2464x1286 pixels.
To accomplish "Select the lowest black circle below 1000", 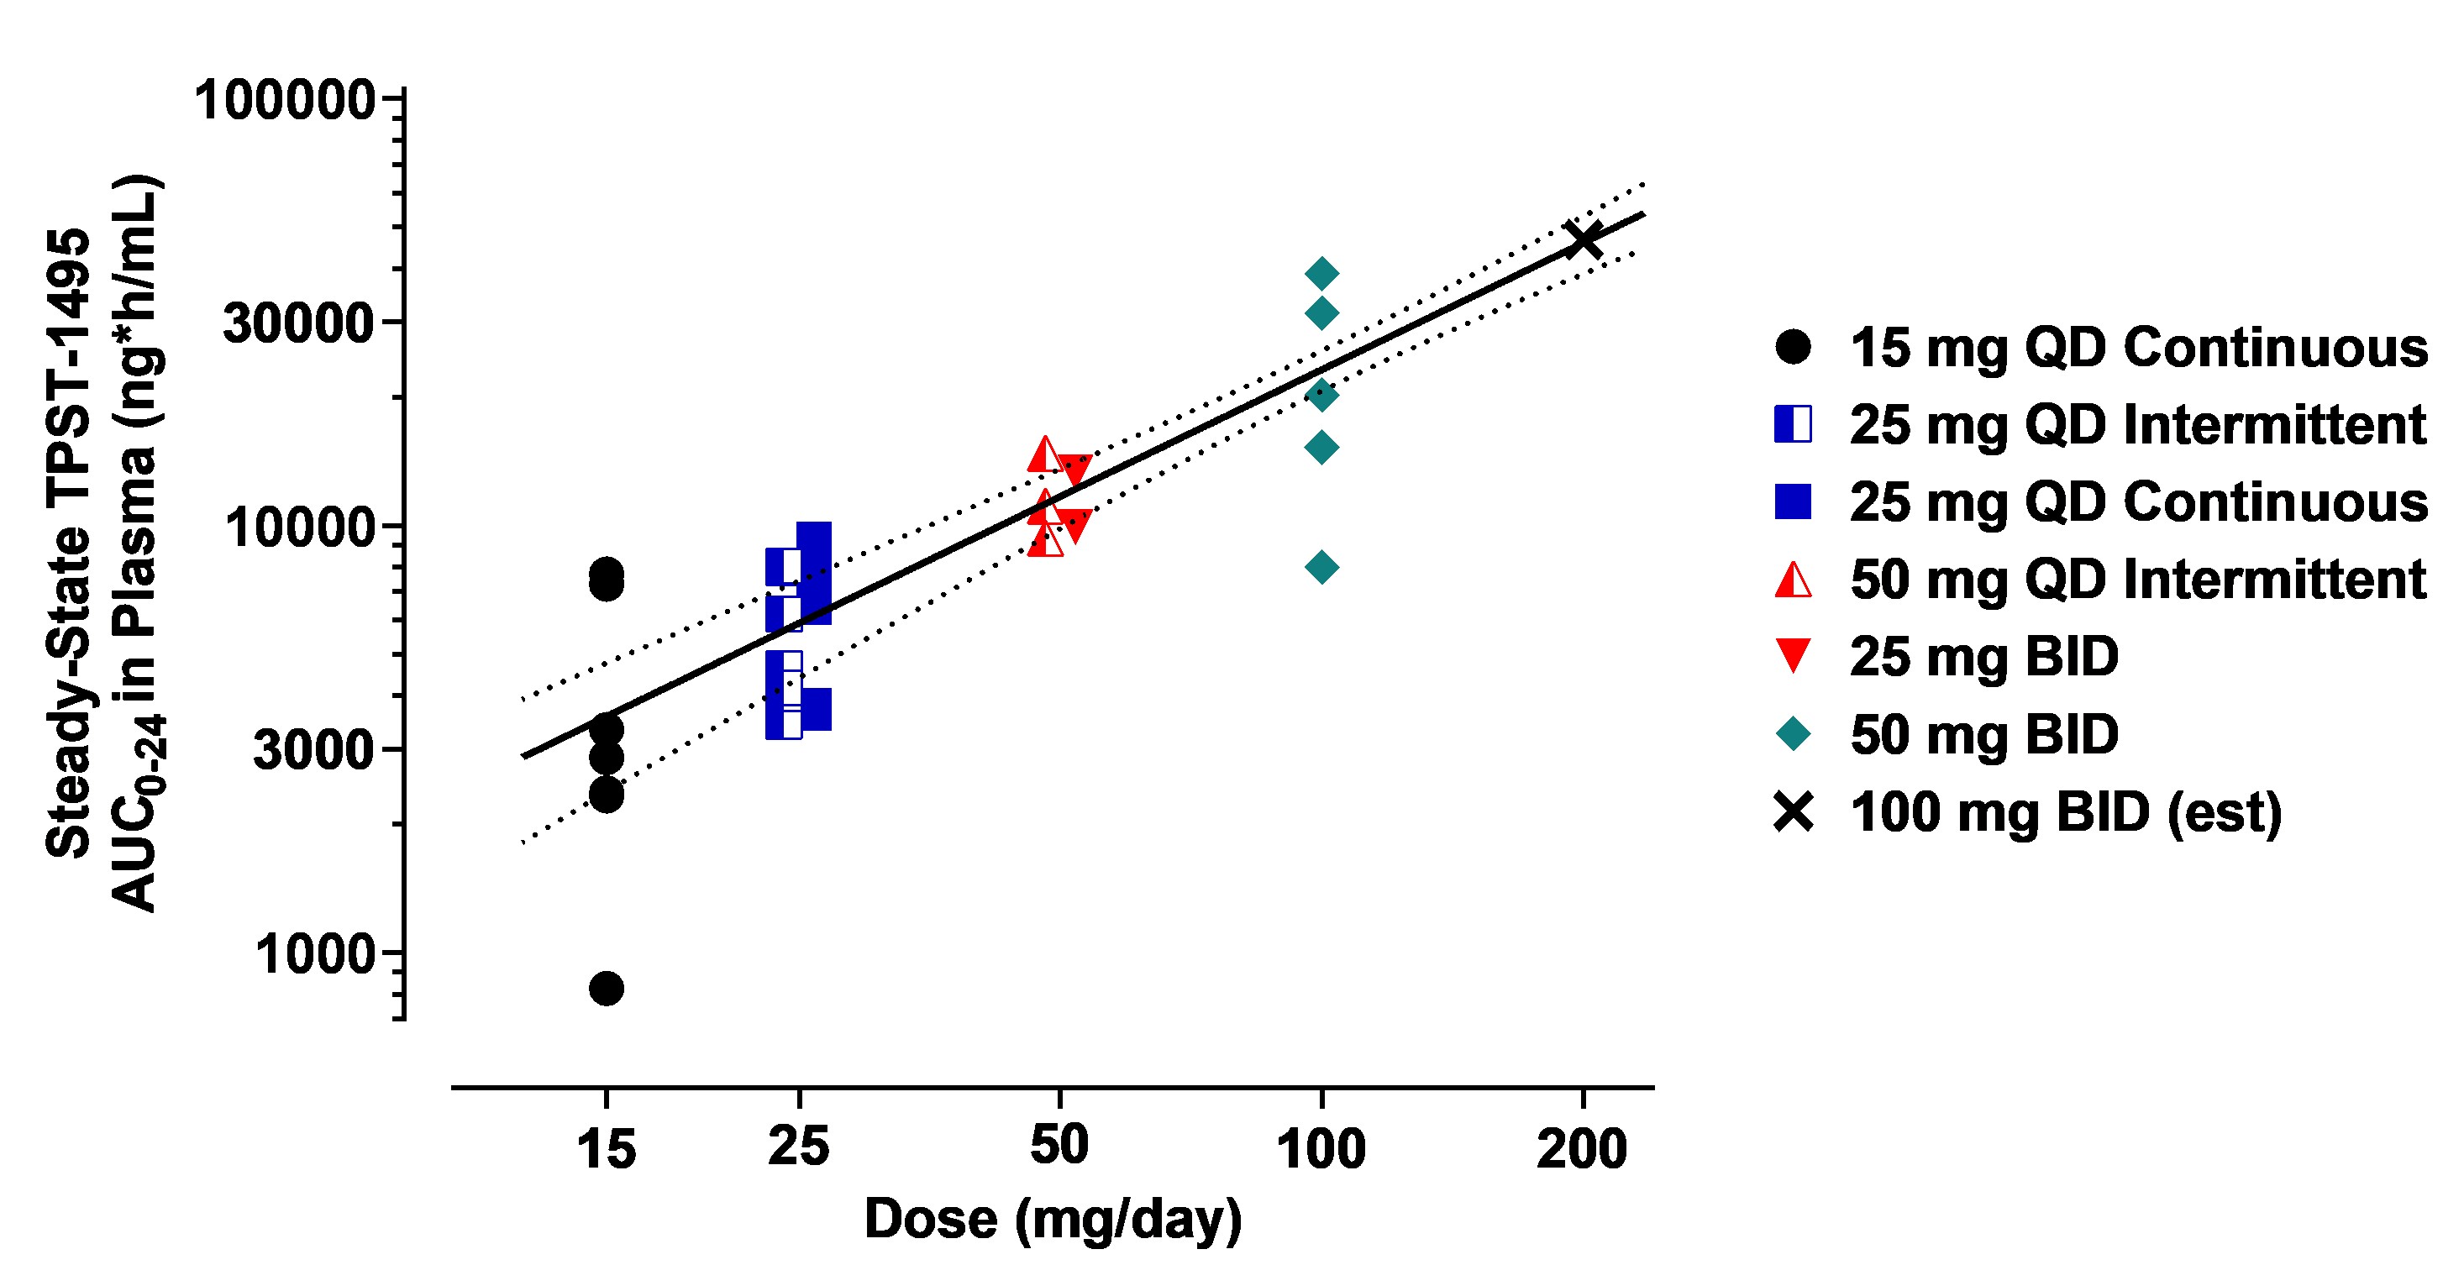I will (606, 988).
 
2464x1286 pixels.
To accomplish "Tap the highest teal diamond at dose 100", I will (1321, 274).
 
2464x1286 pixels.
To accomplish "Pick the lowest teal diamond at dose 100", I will (1321, 567).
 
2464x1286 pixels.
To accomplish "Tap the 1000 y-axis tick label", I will (313, 953).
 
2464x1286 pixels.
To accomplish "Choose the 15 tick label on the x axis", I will (606, 1147).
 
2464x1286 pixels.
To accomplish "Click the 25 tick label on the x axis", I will (799, 1146).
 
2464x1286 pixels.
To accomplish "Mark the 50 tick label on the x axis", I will (1059, 1146).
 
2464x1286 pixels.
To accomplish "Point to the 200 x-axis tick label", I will (1582, 1147).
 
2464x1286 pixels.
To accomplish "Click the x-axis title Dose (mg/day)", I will (1052, 1219).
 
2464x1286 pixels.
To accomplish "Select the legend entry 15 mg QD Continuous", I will (2138, 347).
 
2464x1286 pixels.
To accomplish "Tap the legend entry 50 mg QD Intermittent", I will (2138, 580).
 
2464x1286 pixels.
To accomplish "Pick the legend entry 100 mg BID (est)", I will (2066, 813).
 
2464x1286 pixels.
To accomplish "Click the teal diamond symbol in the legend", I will (1793, 734).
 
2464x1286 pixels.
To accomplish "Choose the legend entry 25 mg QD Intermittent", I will (2138, 424).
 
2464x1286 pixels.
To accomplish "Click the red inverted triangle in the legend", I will (1793, 656).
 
